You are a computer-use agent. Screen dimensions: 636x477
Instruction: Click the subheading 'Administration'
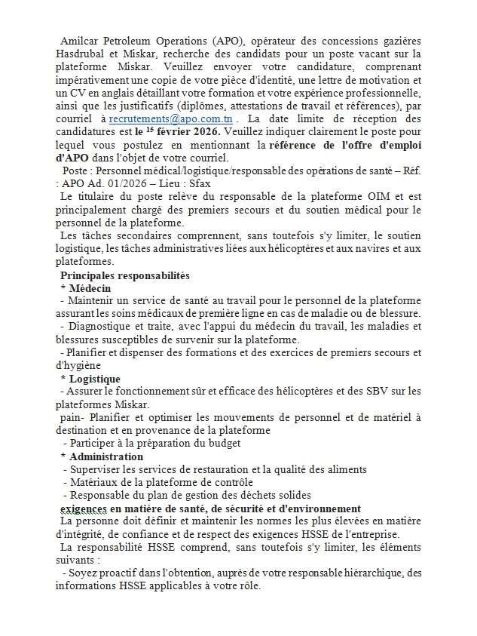106,456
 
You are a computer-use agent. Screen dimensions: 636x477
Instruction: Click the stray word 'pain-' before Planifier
73,417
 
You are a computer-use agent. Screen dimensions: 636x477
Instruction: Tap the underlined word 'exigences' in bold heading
84,508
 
